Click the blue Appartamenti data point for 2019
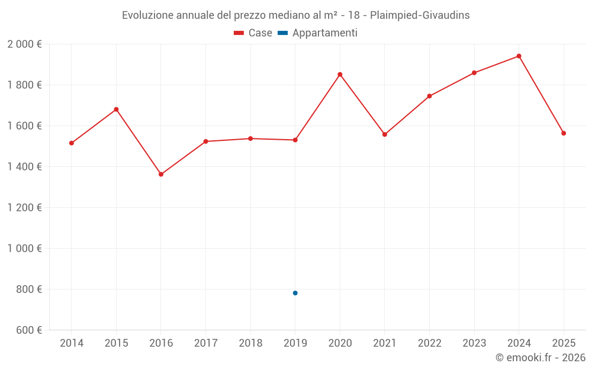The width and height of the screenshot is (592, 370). coord(295,293)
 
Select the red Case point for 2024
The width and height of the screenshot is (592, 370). coord(519,56)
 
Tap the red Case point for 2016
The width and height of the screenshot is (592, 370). coord(161,174)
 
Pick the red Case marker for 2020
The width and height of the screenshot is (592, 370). coord(340,75)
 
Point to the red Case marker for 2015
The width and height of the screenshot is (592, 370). coord(116,110)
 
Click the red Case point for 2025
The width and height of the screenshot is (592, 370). coord(564,133)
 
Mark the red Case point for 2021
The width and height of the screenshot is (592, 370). coord(385,134)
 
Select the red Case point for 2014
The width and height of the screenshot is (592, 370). coord(72,143)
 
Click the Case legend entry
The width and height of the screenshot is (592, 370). coord(253,33)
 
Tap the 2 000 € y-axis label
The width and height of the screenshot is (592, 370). coord(25,44)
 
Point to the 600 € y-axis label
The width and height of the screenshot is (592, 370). coord(28,330)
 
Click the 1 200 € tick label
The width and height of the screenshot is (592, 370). coord(25,208)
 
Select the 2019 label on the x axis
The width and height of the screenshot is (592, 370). coord(295,343)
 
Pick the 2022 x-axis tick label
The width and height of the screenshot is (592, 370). coord(429,343)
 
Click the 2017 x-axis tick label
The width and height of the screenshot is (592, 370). coord(205,343)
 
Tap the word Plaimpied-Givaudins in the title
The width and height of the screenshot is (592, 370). coord(420,15)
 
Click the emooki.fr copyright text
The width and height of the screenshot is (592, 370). coord(540,358)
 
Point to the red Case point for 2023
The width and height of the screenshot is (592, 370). coord(474,73)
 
